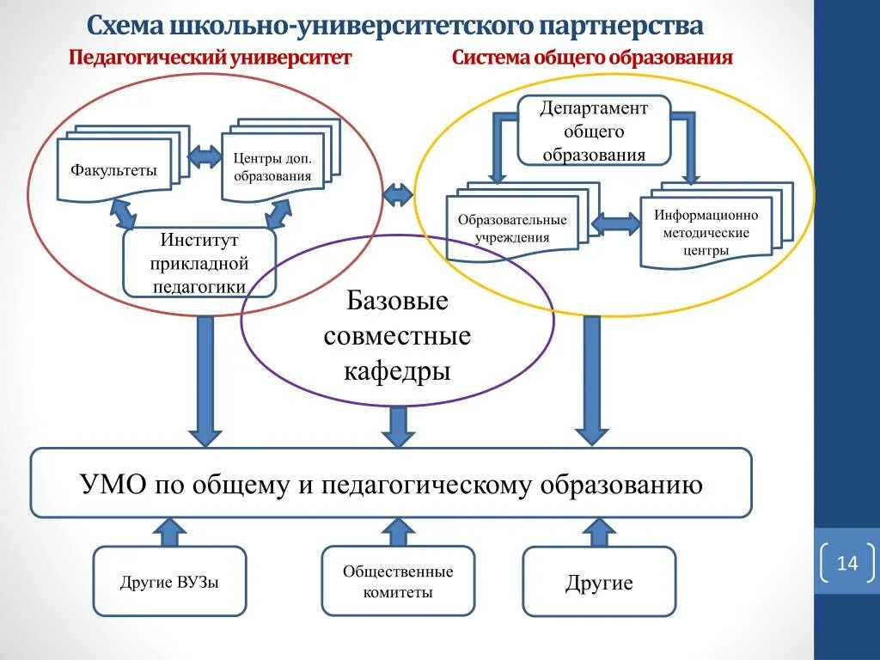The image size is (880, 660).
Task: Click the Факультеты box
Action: (x=113, y=170)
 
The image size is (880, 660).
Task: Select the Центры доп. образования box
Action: (x=272, y=167)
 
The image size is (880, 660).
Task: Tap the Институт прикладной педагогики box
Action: (x=199, y=263)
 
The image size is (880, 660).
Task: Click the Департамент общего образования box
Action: (x=593, y=131)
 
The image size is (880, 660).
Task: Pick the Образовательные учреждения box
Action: (x=512, y=229)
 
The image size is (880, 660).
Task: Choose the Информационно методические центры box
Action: (x=706, y=233)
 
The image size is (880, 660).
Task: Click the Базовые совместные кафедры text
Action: (x=397, y=336)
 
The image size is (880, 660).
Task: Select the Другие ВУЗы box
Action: (x=169, y=582)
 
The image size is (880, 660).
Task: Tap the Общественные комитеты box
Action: (x=398, y=582)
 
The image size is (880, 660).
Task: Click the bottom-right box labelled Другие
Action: (x=599, y=583)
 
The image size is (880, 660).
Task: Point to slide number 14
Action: (x=846, y=564)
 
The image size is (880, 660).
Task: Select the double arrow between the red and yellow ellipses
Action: (x=398, y=195)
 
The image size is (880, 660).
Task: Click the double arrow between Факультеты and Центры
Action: (x=205, y=156)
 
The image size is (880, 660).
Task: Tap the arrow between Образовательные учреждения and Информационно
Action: (x=616, y=224)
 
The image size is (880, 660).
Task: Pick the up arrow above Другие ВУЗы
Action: (x=169, y=532)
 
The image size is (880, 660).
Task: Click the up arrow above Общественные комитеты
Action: (x=398, y=531)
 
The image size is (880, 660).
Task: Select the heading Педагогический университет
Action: (x=211, y=58)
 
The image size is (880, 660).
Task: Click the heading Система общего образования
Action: (x=592, y=58)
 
